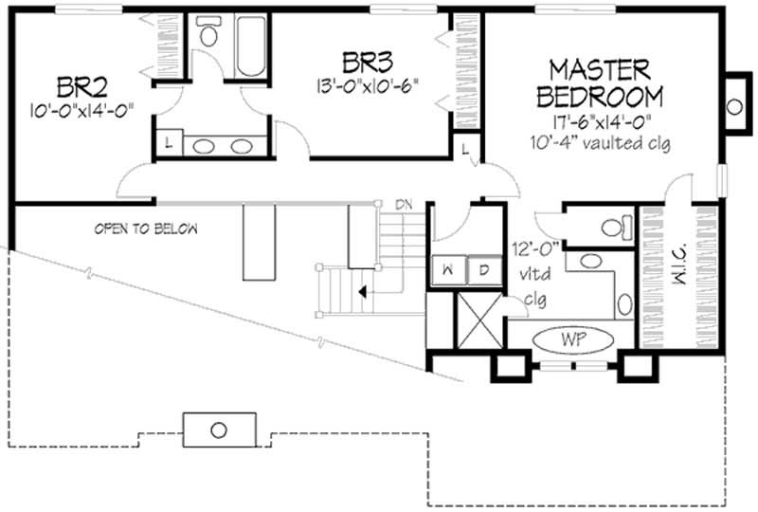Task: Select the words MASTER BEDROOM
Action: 599,82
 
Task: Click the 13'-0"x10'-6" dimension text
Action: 369,85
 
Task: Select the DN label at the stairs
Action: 404,205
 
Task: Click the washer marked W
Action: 446,269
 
